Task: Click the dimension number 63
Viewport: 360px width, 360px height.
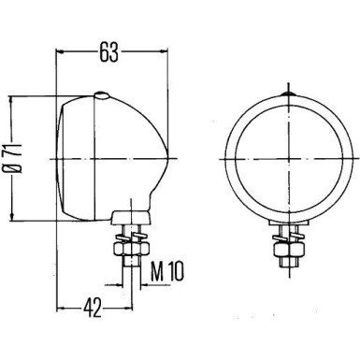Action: [x=109, y=53]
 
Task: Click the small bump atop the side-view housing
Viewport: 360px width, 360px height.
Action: [x=102, y=93]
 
